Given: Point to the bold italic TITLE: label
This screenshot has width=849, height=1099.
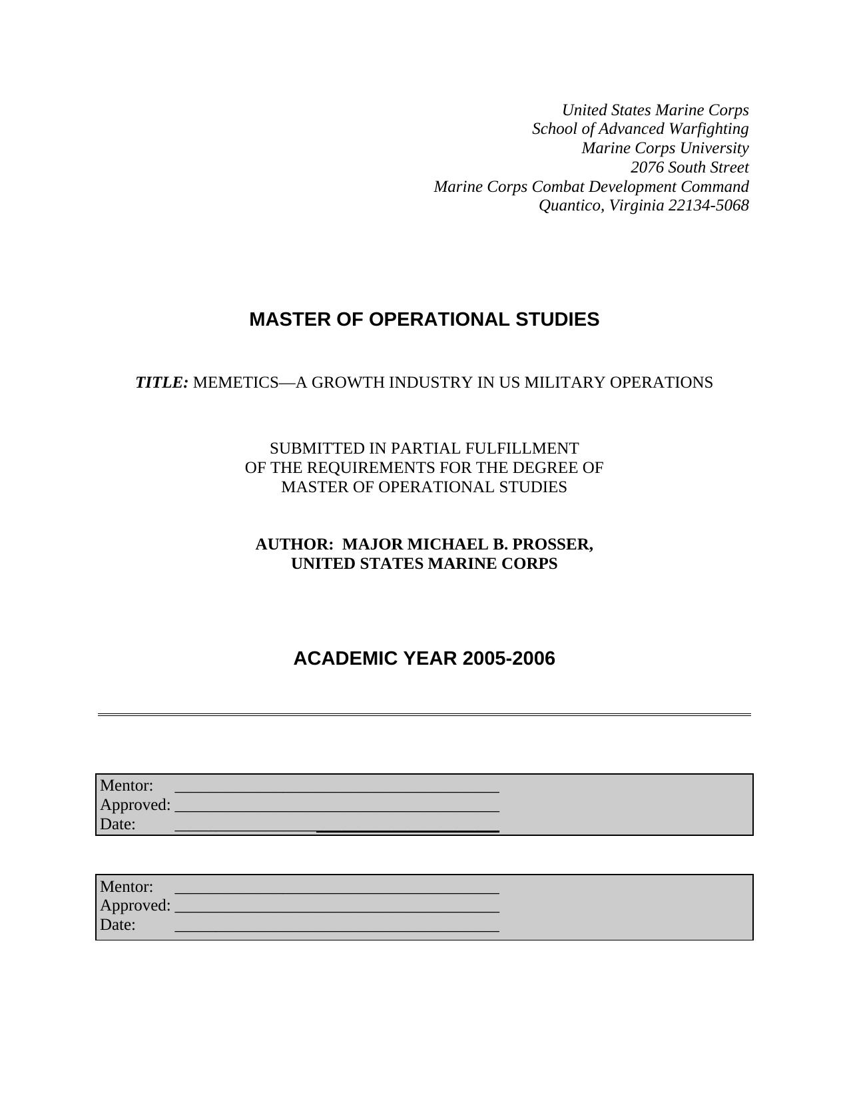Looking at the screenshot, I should point(162,383).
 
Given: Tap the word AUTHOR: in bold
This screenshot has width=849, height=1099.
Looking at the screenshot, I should point(294,545).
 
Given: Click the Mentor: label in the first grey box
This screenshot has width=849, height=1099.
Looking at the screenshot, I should point(127,786).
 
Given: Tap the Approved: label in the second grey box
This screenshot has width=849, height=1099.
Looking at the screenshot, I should point(135,906).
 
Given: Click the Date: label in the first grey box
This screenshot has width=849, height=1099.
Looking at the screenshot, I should point(118,825).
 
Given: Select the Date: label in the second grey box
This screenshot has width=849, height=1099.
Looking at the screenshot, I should point(118,925).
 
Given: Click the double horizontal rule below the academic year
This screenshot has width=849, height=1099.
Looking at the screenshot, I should point(424,715).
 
